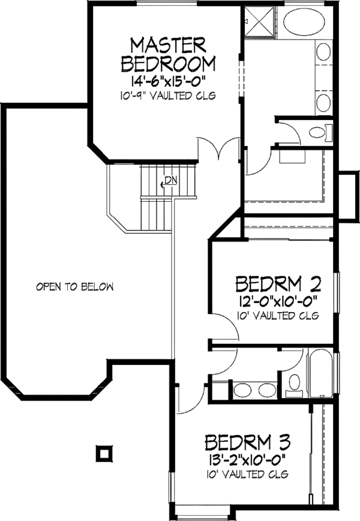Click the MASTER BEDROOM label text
point(169,53)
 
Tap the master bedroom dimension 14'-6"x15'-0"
point(168,81)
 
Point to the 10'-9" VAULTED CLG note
point(168,96)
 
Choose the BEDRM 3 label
point(248,444)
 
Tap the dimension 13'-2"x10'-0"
point(248,461)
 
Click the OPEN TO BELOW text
point(74,287)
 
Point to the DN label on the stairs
point(171,180)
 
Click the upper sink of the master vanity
point(323,51)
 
